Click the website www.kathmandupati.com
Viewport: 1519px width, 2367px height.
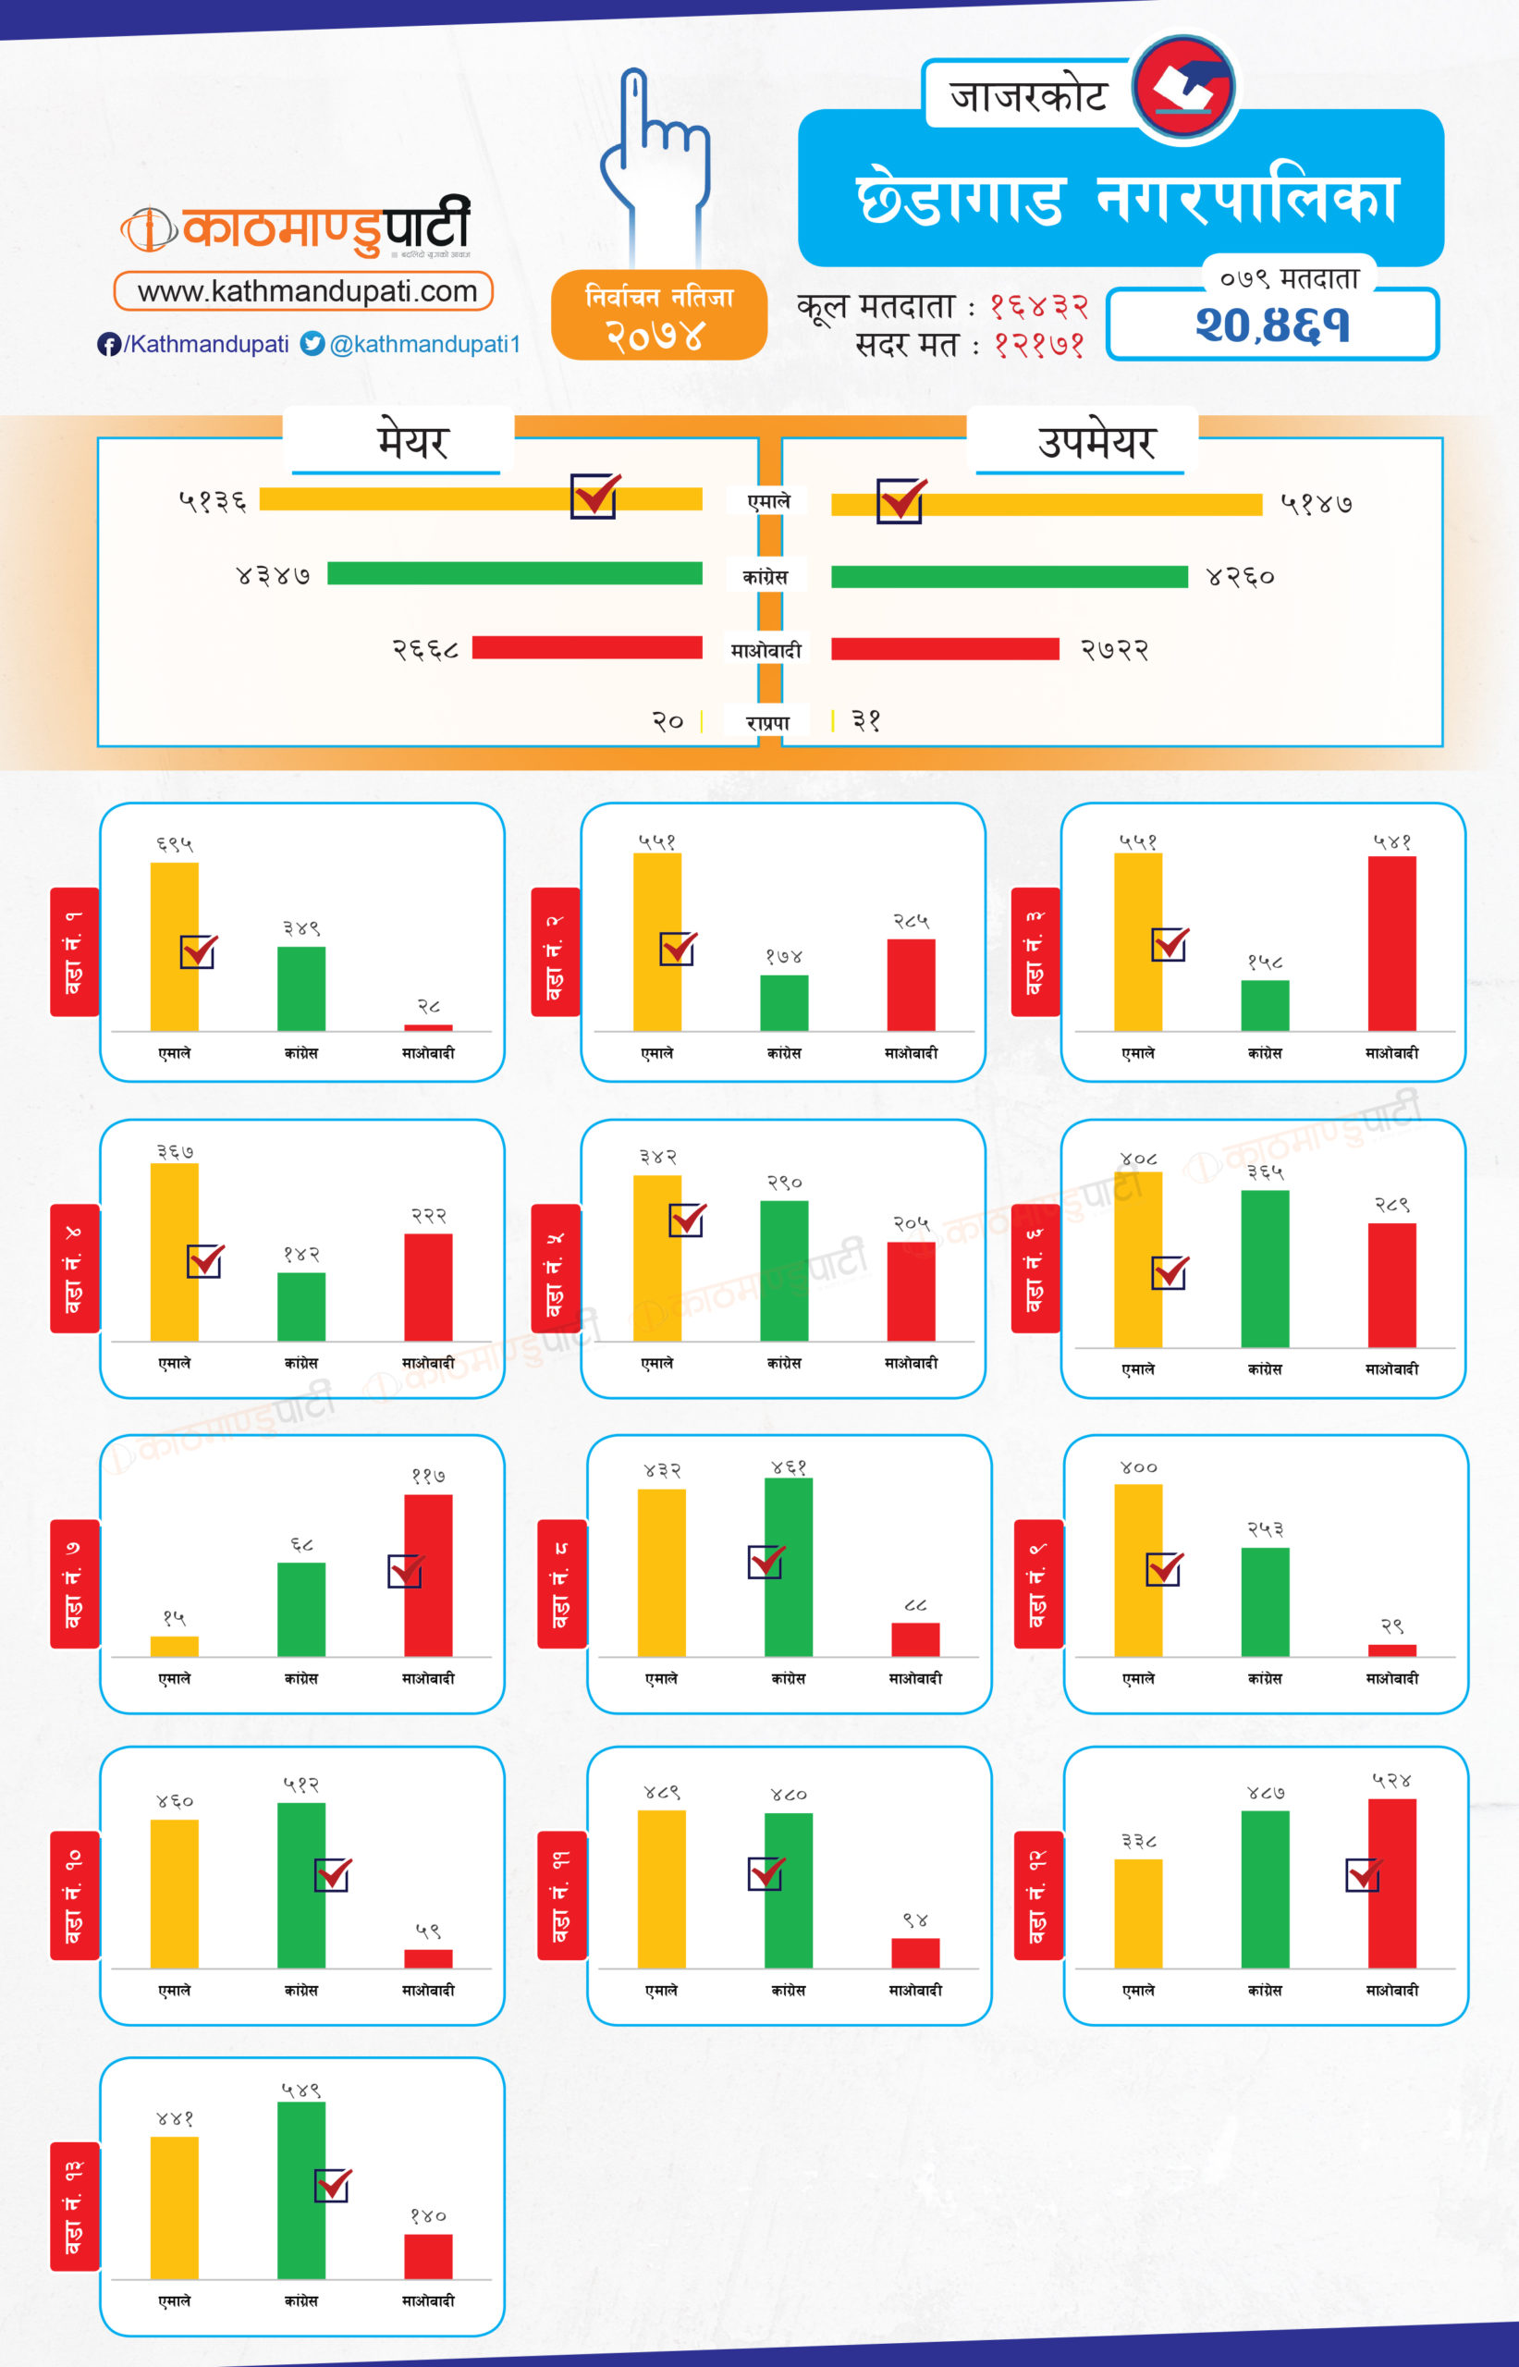[306, 291]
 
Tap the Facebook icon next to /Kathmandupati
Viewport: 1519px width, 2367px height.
[108, 344]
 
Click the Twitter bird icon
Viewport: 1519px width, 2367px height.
[312, 343]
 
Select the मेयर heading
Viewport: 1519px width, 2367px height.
[412, 441]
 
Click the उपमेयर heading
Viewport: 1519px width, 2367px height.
[1096, 441]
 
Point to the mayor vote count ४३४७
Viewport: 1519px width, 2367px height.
[274, 575]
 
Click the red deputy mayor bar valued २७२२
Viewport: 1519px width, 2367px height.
[945, 649]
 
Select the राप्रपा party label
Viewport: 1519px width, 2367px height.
[767, 723]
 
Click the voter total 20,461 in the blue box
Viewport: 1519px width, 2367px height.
[1272, 325]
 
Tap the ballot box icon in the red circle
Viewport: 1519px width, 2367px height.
[1183, 87]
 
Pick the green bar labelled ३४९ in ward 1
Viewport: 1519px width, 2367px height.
[300, 988]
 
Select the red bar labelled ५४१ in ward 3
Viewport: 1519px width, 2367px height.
[1391, 943]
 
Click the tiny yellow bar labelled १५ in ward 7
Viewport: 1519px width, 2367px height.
[175, 1646]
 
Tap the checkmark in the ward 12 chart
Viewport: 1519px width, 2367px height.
[1363, 1874]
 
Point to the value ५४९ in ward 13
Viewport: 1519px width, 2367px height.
[300, 2090]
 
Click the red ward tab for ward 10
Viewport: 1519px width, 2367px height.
[74, 1895]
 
